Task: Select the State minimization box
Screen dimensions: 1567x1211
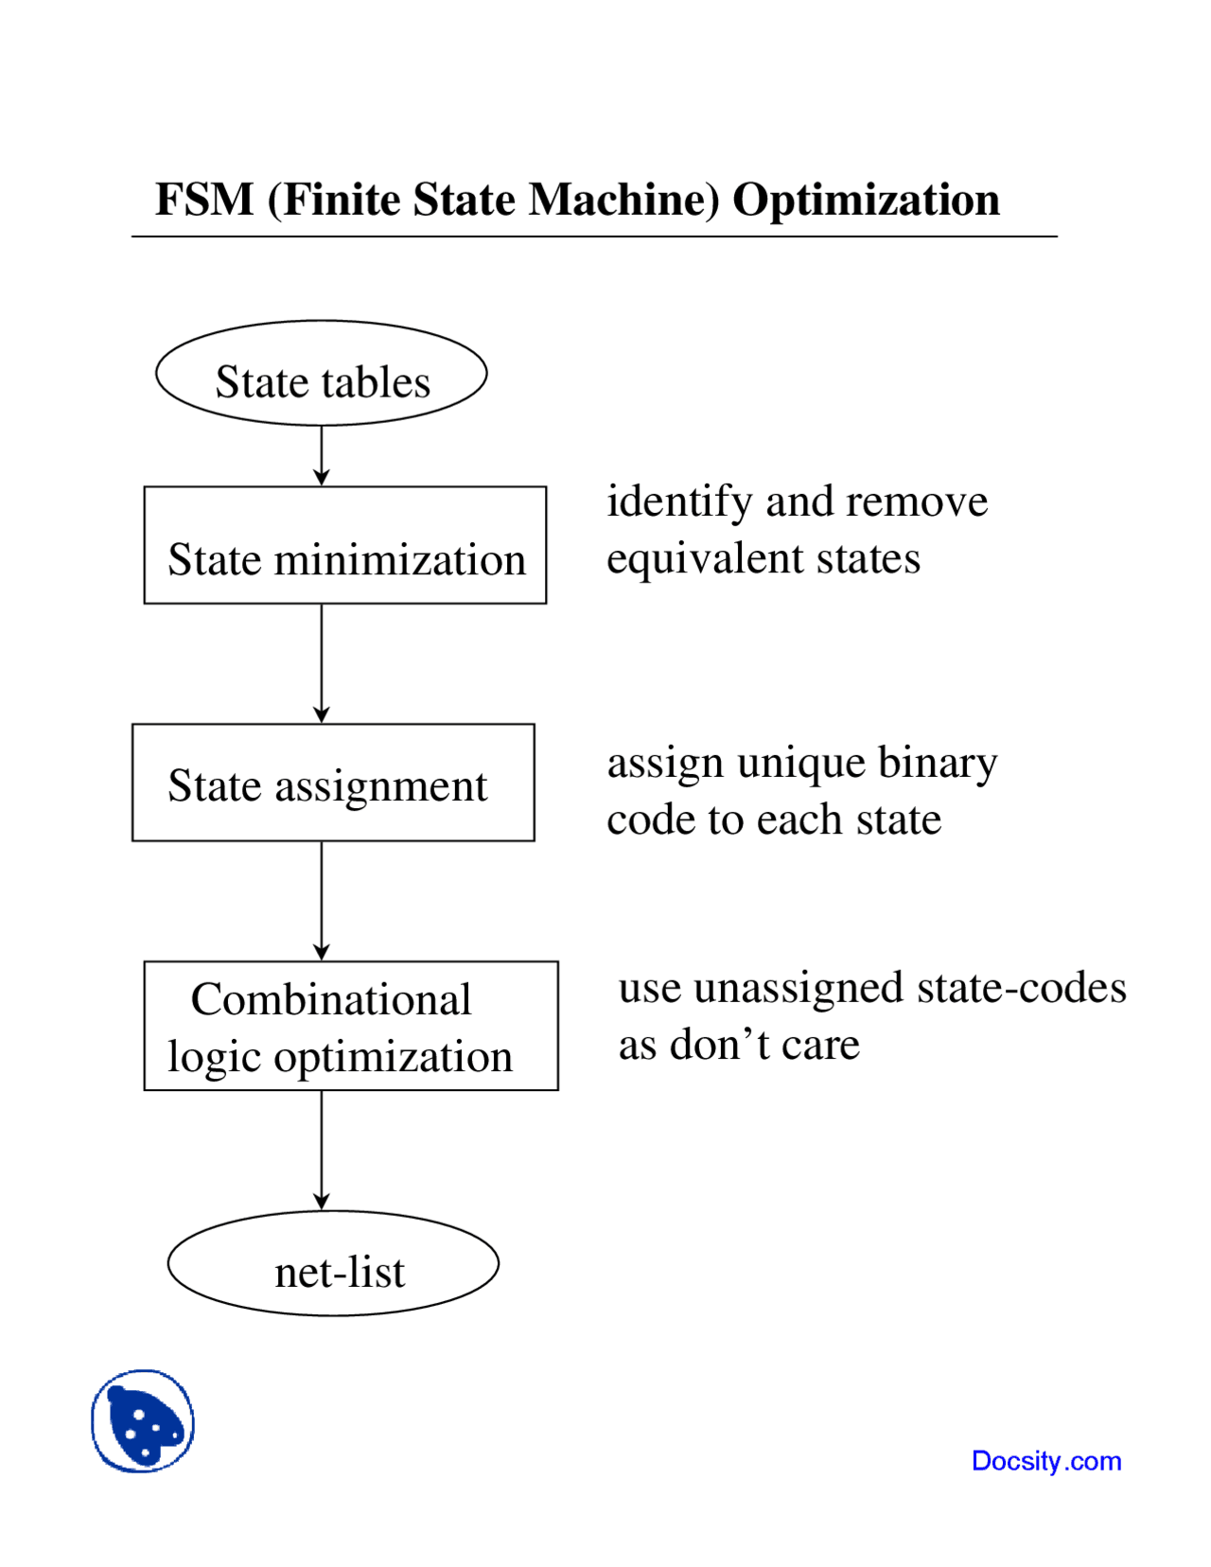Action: pos(344,546)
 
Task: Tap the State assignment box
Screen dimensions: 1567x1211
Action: pos(333,783)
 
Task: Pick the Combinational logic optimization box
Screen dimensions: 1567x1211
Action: pos(350,1026)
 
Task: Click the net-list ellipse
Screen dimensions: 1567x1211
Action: pos(333,1263)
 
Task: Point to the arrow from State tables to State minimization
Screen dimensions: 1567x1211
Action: pos(322,456)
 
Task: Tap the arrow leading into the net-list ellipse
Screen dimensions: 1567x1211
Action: pos(322,1150)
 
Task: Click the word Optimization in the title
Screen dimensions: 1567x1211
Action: pos(866,201)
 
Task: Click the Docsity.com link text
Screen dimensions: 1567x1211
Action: pos(1046,1460)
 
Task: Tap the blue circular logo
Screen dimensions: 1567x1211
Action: pos(143,1420)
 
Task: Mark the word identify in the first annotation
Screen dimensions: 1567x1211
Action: pos(678,502)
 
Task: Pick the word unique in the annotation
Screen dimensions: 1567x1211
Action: pos(800,763)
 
